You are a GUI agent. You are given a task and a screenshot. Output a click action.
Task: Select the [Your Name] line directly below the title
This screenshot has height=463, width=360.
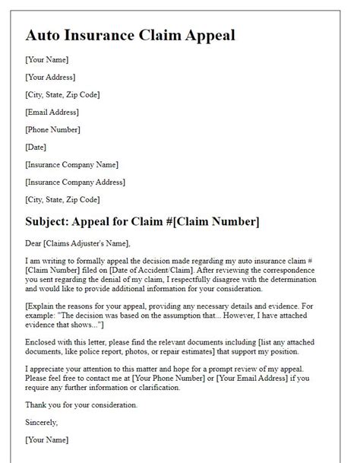[x=46, y=59]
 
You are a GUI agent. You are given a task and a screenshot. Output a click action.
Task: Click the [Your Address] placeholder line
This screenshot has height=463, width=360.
[x=51, y=77]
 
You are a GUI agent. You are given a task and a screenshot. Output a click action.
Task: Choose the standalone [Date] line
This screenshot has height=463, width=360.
[x=36, y=147]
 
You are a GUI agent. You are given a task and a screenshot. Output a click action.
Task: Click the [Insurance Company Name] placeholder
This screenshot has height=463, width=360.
[x=71, y=164]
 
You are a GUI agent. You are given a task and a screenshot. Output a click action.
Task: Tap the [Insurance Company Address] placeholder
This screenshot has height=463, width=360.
[x=75, y=182]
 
